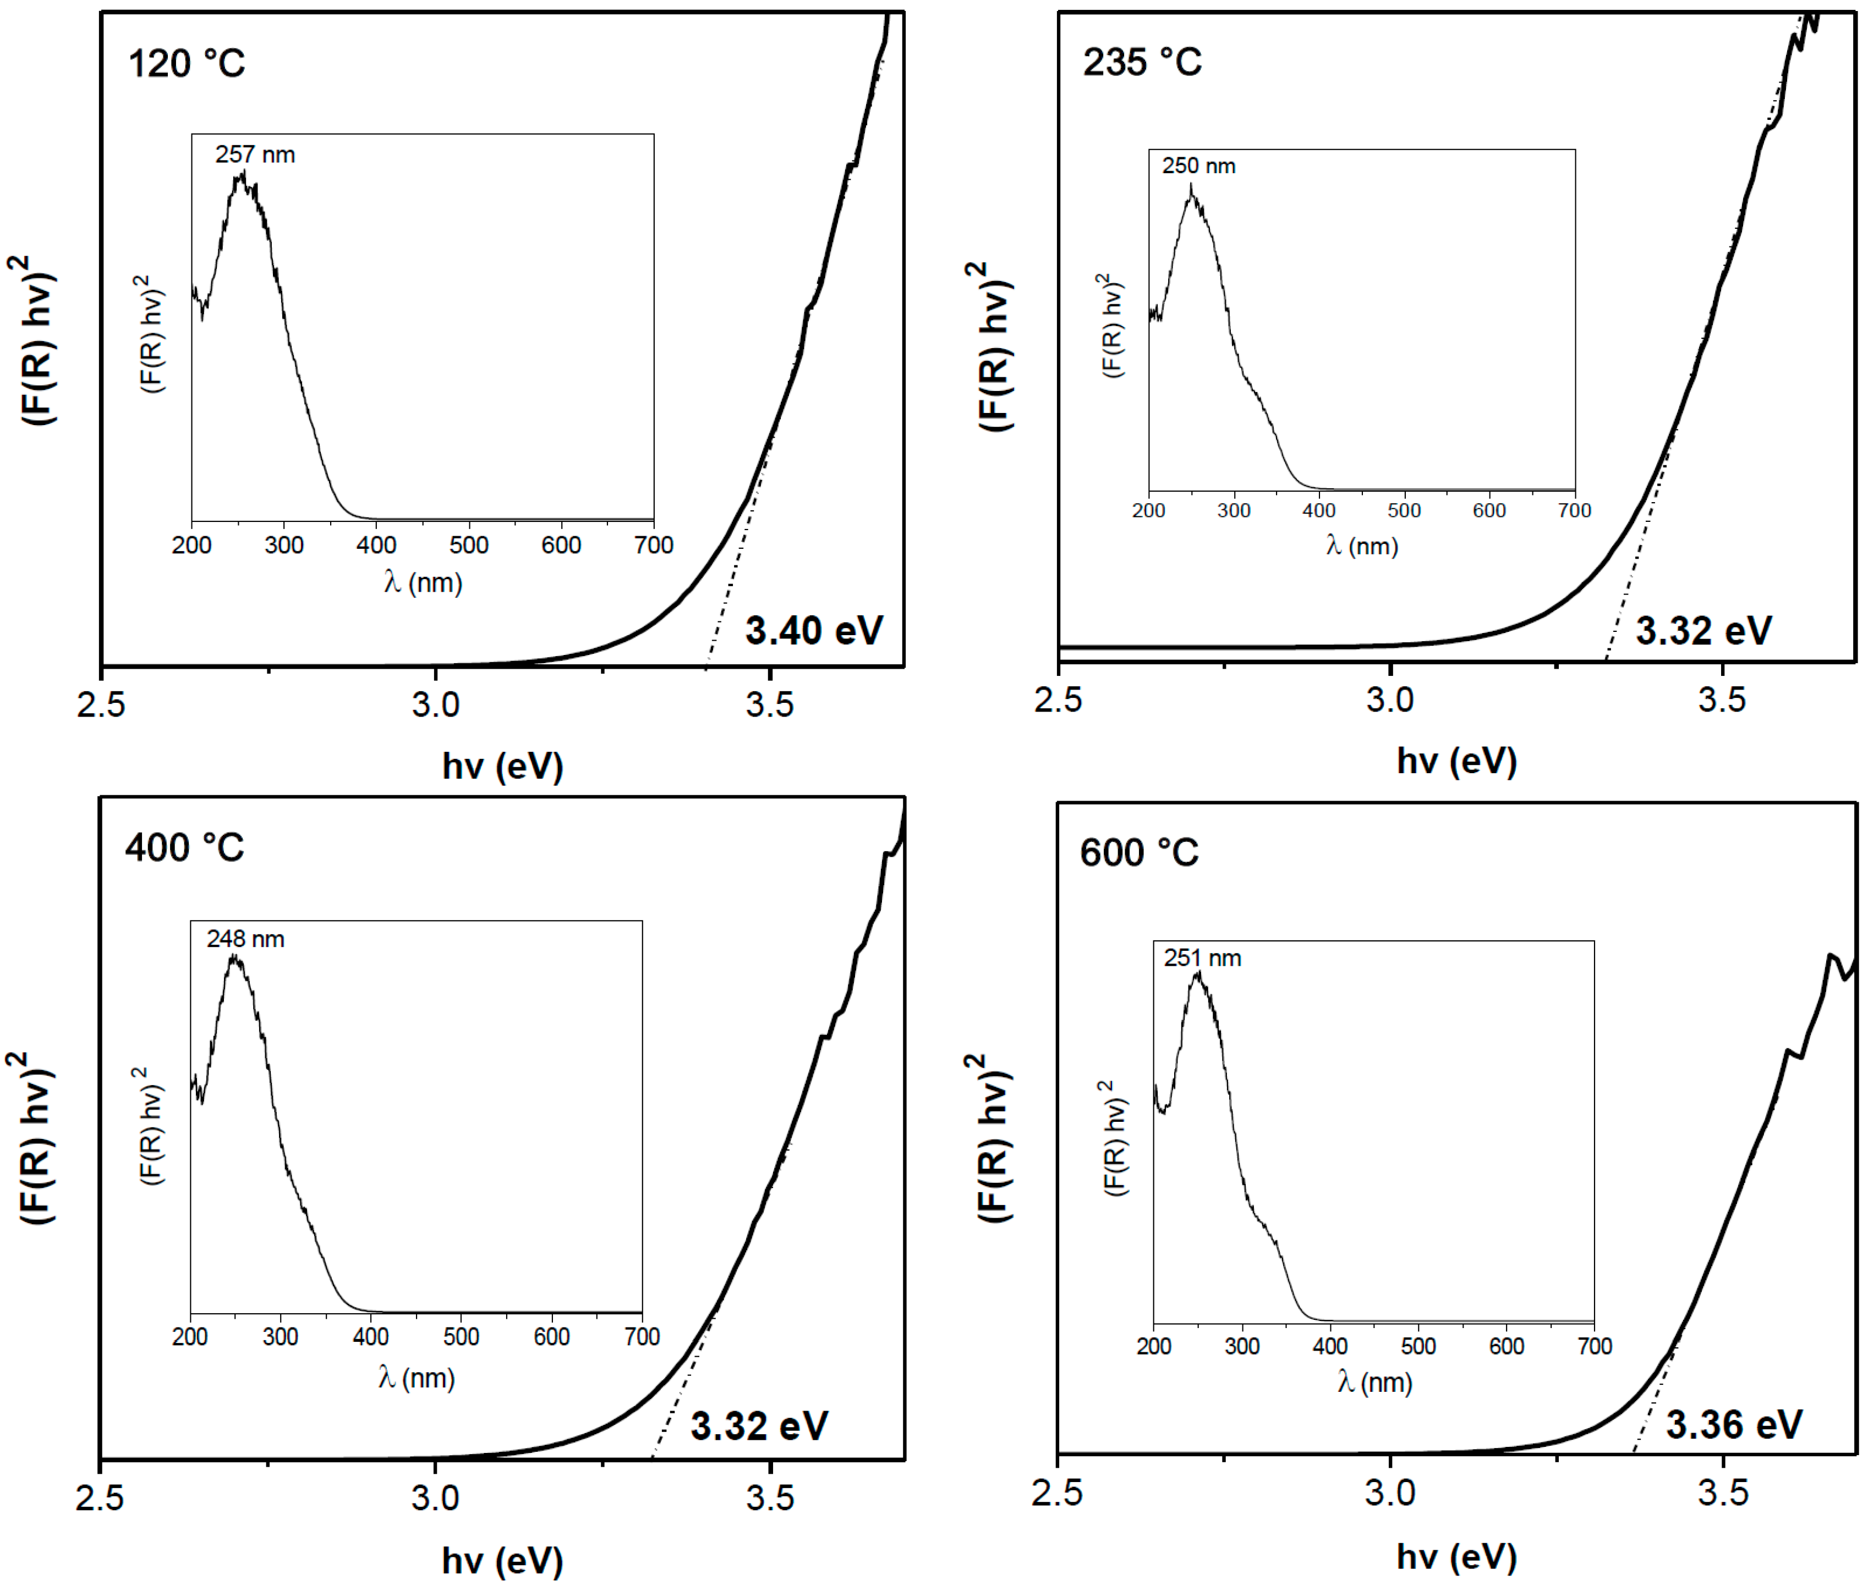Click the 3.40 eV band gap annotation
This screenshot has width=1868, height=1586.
tap(814, 630)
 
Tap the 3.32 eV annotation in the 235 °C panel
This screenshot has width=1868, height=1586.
tap(1702, 630)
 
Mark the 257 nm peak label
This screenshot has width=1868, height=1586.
tap(255, 155)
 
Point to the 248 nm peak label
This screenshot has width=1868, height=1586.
tap(245, 939)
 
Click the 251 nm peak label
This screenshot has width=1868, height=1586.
tap(1202, 959)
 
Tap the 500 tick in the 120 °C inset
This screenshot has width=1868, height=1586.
tap(469, 545)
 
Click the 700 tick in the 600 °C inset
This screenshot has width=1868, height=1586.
tap(1593, 1346)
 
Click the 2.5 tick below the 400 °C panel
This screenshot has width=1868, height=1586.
tap(99, 1498)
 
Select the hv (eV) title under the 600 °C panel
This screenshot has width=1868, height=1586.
tap(1456, 1556)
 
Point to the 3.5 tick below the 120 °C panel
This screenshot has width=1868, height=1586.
tap(770, 704)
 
